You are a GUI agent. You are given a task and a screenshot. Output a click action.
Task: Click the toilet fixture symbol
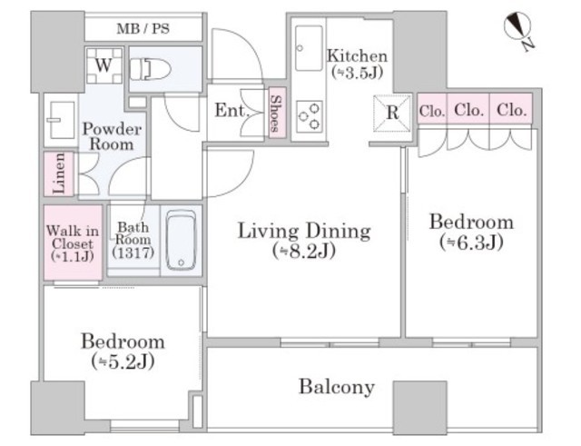pos(150,69)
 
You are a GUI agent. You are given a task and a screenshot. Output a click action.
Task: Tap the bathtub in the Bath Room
pos(181,240)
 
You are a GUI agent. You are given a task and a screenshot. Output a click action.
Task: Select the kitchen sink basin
pos(309,48)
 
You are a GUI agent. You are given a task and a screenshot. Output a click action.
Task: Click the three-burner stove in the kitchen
pos(310,116)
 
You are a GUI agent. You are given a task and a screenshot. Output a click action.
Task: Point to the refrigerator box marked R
pos(392,113)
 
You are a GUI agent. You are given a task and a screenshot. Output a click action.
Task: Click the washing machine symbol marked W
pos(103,65)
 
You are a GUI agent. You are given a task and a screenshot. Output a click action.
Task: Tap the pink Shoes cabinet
pos(277,113)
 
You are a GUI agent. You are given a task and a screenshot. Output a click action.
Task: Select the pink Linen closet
pos(59,173)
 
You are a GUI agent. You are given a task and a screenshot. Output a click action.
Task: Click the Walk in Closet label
pos(73,243)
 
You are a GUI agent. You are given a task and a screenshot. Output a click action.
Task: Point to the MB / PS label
pos(143,28)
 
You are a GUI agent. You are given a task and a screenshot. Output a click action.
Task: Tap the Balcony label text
pos(337,388)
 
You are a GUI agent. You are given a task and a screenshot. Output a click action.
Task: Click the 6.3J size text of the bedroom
pos(471,243)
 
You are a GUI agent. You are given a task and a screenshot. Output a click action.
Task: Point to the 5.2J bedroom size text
pos(123,362)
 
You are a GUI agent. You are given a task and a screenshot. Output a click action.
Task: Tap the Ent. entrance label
pos(231,111)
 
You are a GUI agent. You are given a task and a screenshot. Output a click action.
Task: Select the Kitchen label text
pos(357,56)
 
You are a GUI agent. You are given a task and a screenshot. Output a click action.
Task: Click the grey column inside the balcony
pos(419,408)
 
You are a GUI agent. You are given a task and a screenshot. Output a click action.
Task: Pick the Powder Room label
pos(112,136)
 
